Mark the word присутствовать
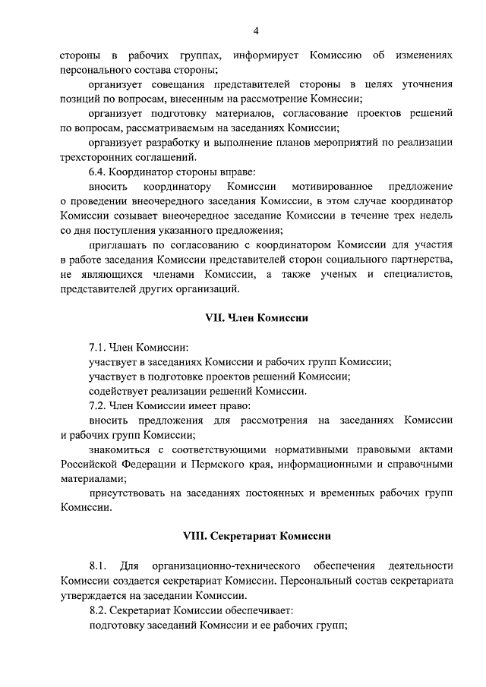128,493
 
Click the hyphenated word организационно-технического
219,566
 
